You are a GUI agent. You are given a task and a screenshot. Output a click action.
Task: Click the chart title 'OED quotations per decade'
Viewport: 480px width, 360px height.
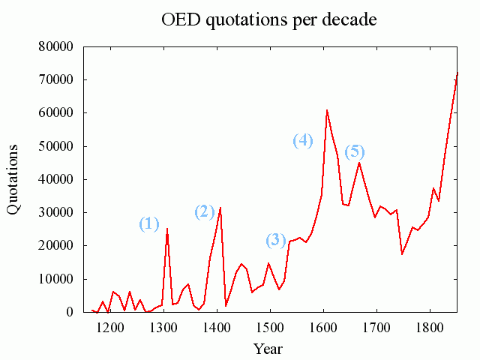coord(269,19)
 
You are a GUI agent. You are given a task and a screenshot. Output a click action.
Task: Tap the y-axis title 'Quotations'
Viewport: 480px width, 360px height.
coord(14,179)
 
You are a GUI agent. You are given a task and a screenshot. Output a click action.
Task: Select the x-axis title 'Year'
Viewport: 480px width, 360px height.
coord(268,348)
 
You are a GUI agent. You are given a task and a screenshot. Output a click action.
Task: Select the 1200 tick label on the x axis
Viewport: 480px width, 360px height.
coord(109,328)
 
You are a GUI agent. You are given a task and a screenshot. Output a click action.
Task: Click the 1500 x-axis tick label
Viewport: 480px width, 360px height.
coord(269,328)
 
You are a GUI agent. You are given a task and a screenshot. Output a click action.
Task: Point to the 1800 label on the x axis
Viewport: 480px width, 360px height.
coord(429,328)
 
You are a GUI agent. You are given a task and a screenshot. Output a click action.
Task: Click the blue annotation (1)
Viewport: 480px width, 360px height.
coord(149,223)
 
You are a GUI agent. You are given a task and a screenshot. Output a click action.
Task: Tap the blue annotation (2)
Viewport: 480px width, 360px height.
coord(205,211)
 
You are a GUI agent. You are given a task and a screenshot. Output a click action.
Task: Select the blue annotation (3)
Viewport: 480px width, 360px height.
coord(276,240)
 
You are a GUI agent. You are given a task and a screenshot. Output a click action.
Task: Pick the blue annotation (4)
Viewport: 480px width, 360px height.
coord(302,140)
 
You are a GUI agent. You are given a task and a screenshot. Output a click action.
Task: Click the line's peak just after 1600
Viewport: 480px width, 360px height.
coord(327,110)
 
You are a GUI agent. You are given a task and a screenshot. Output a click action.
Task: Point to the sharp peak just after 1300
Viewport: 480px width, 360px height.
coord(167,229)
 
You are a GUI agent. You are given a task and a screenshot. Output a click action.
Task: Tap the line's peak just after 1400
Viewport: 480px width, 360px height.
coord(220,208)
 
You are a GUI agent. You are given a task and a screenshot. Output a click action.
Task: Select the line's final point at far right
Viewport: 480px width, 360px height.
coord(457,73)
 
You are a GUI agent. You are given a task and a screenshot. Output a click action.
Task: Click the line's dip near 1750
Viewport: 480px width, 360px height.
coord(402,254)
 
